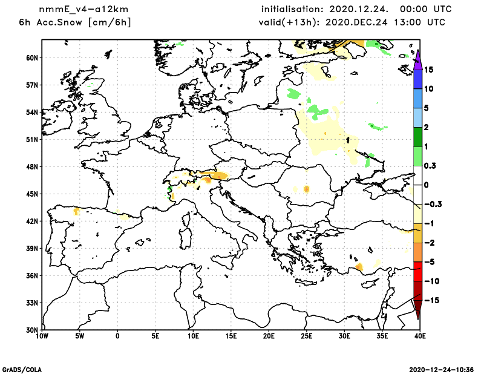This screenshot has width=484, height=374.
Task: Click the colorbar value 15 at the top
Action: click(429, 70)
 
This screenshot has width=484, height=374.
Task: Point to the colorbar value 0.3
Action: click(431, 165)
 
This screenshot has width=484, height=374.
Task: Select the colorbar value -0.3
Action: click(433, 204)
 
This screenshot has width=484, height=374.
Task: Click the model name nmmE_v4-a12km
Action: click(77, 10)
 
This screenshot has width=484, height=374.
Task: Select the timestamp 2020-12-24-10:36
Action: click(442, 369)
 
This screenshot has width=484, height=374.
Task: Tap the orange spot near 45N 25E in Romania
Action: click(307, 189)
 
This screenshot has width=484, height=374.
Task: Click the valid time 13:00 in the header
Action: click(410, 23)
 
